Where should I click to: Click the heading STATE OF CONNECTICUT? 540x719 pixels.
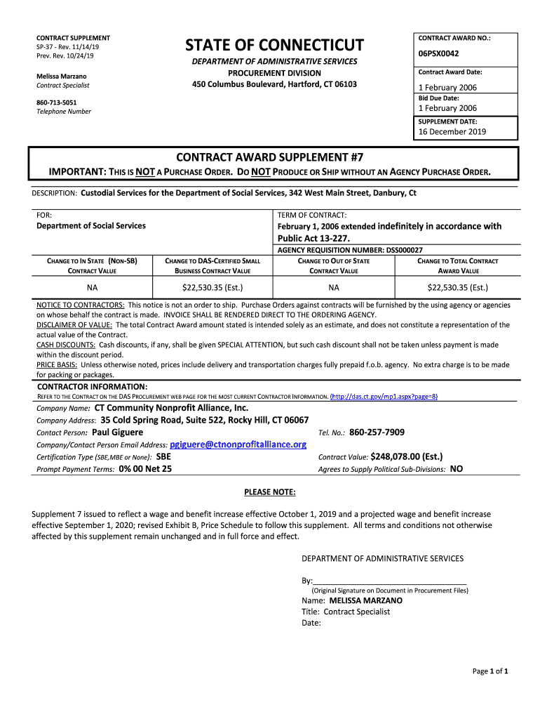(274, 46)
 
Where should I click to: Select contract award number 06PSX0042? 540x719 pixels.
(439, 53)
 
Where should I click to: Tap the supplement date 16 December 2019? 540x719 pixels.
(452, 131)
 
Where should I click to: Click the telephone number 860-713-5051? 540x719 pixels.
(57, 102)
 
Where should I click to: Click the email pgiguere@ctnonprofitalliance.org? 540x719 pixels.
(238, 444)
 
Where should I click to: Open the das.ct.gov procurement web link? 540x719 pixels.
(384, 396)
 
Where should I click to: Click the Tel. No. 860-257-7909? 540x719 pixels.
(382, 432)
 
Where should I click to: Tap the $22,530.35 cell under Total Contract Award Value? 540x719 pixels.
(458, 287)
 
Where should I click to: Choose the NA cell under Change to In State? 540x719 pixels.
(93, 287)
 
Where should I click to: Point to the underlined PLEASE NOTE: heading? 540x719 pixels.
(269, 492)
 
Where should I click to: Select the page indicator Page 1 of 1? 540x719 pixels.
(490, 671)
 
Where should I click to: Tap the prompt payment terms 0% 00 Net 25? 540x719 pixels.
(145, 468)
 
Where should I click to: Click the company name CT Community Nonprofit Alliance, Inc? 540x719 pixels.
(171, 408)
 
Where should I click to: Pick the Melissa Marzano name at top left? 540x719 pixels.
(62, 76)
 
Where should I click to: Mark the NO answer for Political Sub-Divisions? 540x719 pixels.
(456, 468)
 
